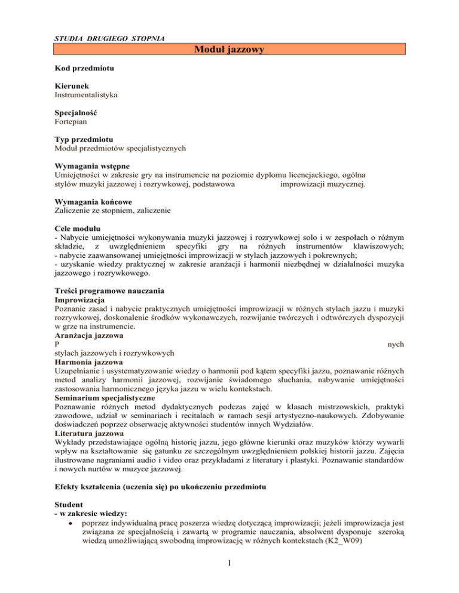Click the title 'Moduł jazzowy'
click(229, 51)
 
